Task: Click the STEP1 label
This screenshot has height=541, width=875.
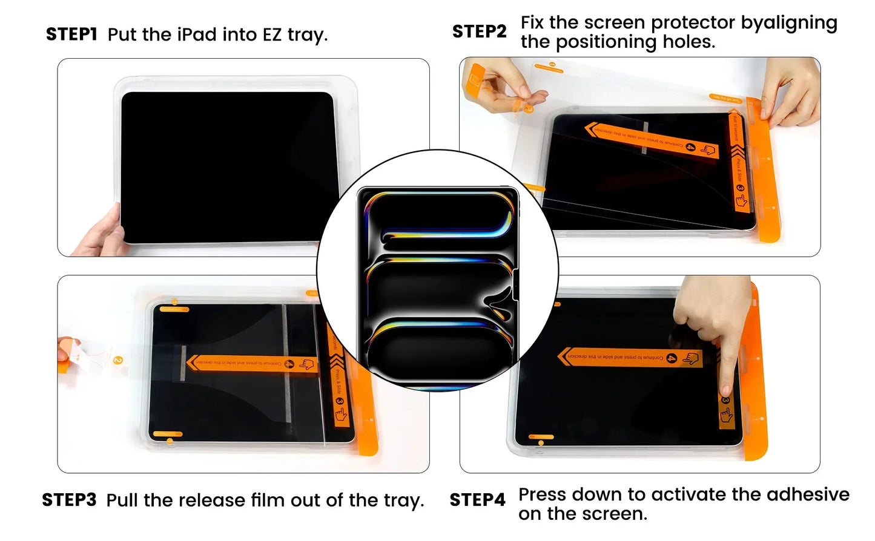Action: click(71, 34)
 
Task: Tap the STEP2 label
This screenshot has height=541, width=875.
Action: click(479, 31)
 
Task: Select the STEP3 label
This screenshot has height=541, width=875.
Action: click(69, 500)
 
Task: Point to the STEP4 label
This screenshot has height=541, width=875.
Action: click(477, 500)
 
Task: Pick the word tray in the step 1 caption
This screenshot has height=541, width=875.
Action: click(306, 35)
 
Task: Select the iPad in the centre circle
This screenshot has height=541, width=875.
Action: click(437, 284)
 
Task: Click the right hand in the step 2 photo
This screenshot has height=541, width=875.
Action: click(790, 91)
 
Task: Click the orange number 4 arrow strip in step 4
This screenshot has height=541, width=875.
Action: click(630, 357)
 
